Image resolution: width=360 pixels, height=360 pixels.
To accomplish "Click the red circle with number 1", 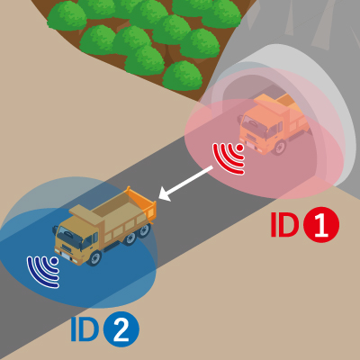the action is [x=321, y=224].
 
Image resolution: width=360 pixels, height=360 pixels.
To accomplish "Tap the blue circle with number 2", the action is [x=121, y=329].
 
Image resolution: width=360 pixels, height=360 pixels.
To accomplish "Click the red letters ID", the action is [x=284, y=224].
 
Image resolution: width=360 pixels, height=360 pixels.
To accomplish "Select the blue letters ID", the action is [x=85, y=329].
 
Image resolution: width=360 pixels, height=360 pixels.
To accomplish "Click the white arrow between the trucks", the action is [x=185, y=184].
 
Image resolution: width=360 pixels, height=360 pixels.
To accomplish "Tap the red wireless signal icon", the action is [x=229, y=158].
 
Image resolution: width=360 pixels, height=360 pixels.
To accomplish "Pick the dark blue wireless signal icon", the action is [x=42, y=272].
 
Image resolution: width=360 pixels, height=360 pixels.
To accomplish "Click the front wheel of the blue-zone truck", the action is [x=94, y=258].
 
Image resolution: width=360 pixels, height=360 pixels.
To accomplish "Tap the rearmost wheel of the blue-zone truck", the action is [x=145, y=230].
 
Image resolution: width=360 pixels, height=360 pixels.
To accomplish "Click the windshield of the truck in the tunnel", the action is [x=255, y=123].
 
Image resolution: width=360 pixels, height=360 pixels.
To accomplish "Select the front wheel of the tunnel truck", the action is [x=280, y=148].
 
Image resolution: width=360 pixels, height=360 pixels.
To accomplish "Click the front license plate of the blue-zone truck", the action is [x=66, y=256].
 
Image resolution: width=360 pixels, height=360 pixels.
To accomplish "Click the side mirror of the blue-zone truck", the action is [x=55, y=230].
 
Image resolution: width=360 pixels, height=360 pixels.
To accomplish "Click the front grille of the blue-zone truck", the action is [x=67, y=248].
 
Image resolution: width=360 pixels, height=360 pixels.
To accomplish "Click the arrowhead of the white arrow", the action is [x=165, y=193].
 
